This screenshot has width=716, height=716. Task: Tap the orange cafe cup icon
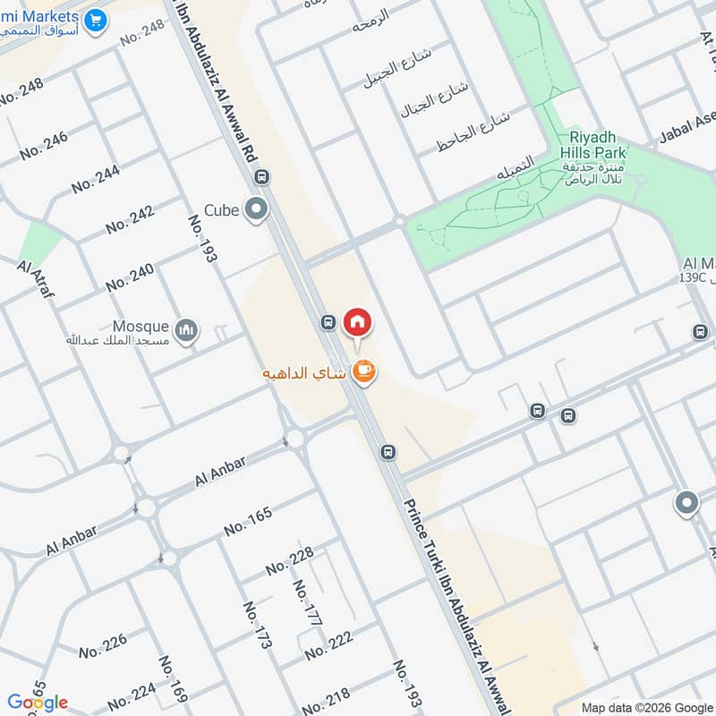pyautogui.click(x=363, y=370)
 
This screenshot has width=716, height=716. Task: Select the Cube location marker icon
pyautogui.click(x=257, y=210)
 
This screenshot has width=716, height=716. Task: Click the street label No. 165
pyautogui.click(x=247, y=521)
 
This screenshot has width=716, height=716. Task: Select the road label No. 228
pyautogui.click(x=289, y=560)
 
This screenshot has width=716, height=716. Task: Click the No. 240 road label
pyautogui.click(x=130, y=277)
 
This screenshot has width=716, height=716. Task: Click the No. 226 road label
pyautogui.click(x=103, y=645)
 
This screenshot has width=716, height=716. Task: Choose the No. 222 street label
pyautogui.click(x=328, y=644)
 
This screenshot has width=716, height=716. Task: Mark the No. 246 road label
pyautogui.click(x=43, y=145)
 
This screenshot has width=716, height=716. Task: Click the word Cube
pyautogui.click(x=221, y=210)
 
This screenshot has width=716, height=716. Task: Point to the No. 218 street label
pyautogui.click(x=325, y=697)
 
